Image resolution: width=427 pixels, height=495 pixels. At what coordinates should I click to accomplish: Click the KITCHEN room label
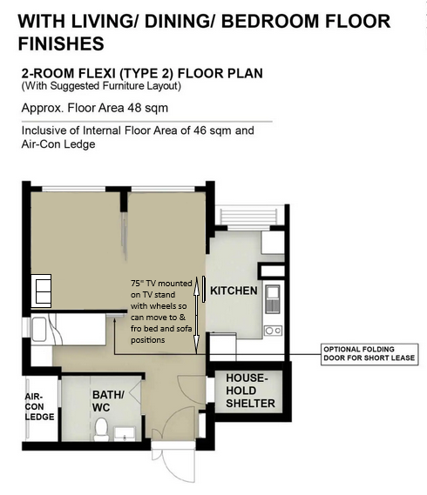(x=233, y=291)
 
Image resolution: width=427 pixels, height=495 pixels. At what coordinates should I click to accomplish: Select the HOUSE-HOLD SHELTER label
(x=250, y=391)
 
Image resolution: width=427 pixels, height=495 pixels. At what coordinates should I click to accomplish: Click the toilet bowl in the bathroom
(x=102, y=427)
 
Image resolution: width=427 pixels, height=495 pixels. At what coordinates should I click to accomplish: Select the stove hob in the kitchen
(x=272, y=330)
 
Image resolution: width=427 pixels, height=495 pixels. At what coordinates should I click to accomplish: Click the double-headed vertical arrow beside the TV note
(x=197, y=314)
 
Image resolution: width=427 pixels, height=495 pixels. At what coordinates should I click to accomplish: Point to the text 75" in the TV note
(x=136, y=284)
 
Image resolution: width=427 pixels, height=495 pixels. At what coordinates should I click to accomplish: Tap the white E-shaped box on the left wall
(x=42, y=289)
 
